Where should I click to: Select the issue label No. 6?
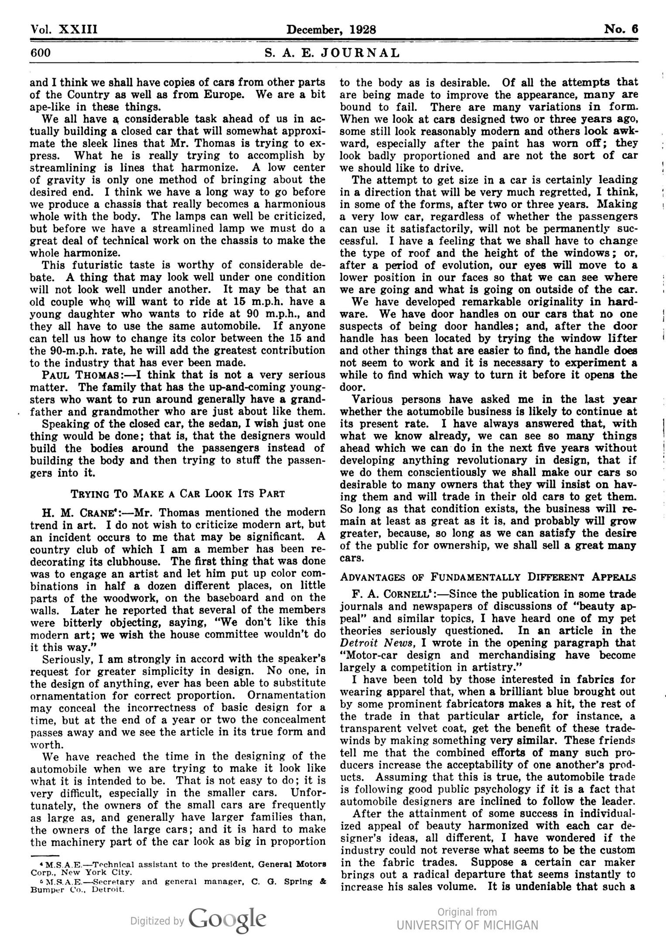[621, 30]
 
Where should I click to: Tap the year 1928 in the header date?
[362, 30]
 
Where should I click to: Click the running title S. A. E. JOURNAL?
[332, 53]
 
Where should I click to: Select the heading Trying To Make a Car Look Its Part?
[178, 494]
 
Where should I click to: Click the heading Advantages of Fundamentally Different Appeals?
[488, 577]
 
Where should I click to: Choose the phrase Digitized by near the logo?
[157, 921]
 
